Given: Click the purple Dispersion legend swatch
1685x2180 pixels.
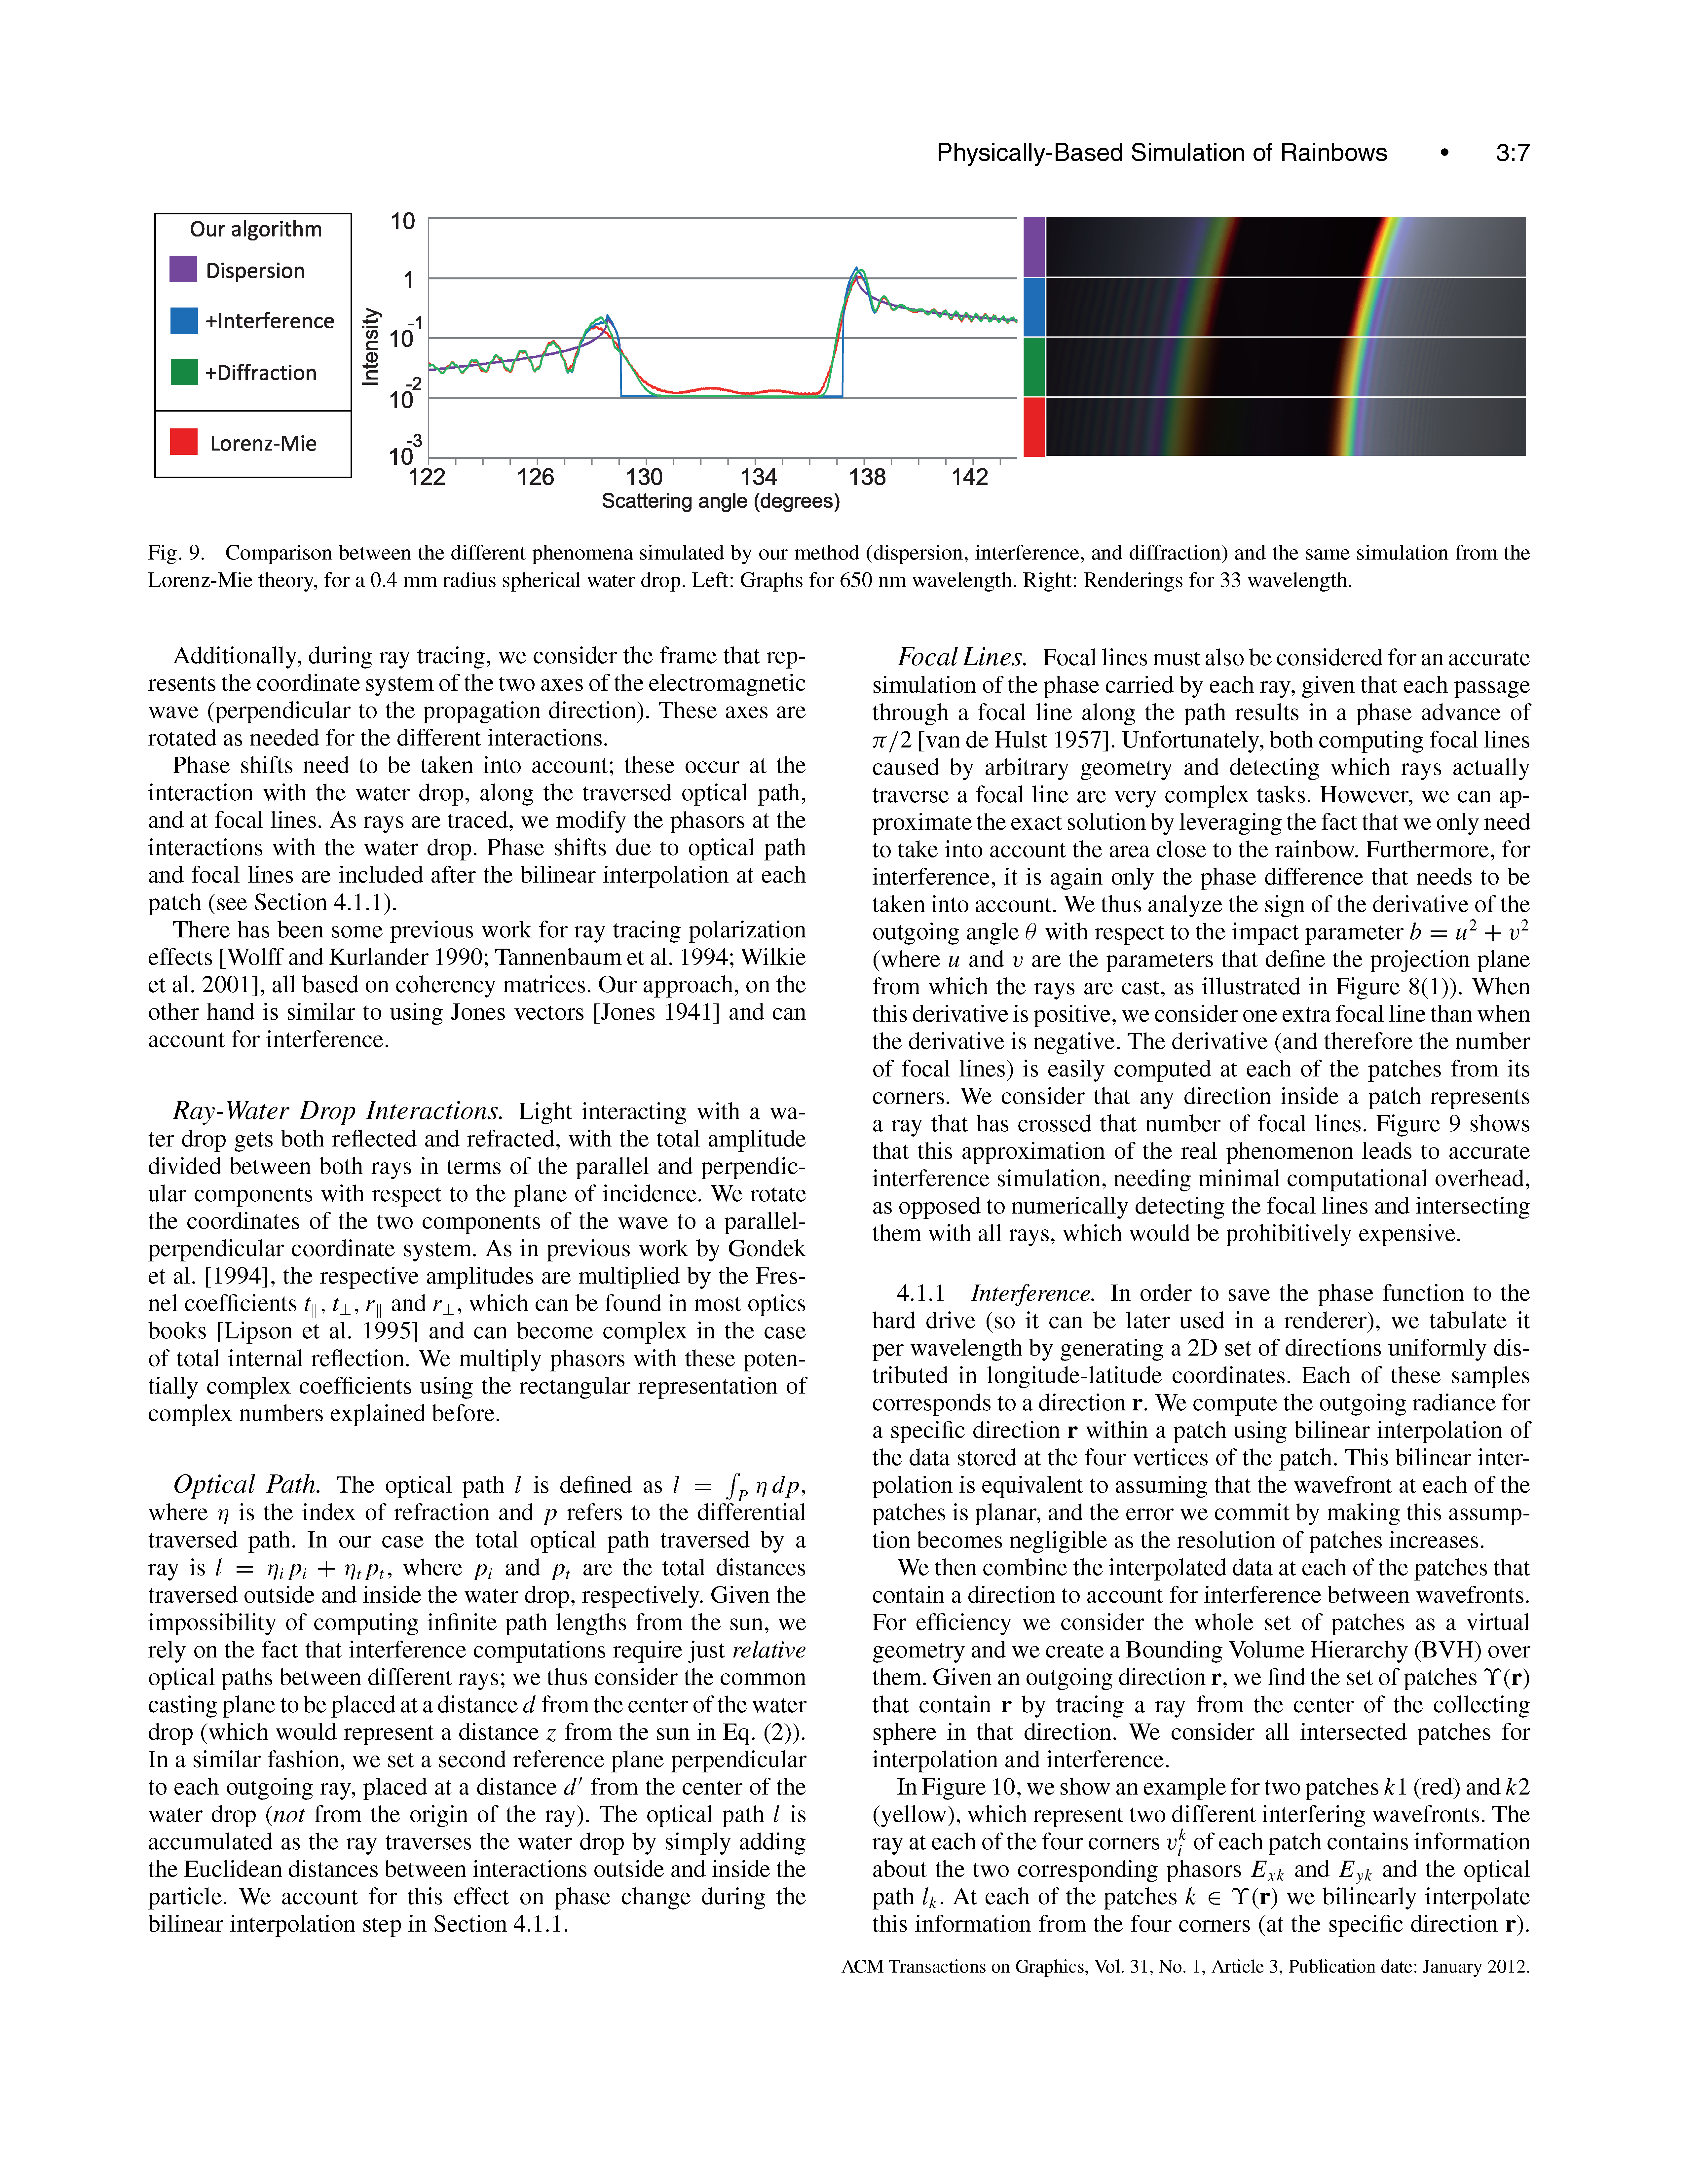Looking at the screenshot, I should click(x=183, y=270).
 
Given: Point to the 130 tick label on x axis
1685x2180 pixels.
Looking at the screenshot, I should click(x=644, y=477).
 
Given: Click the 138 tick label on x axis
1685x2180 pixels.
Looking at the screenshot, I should click(x=867, y=477).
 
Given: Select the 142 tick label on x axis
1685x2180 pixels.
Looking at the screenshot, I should click(x=969, y=477).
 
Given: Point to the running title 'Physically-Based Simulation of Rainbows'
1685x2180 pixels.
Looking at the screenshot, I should click(x=1161, y=153).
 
